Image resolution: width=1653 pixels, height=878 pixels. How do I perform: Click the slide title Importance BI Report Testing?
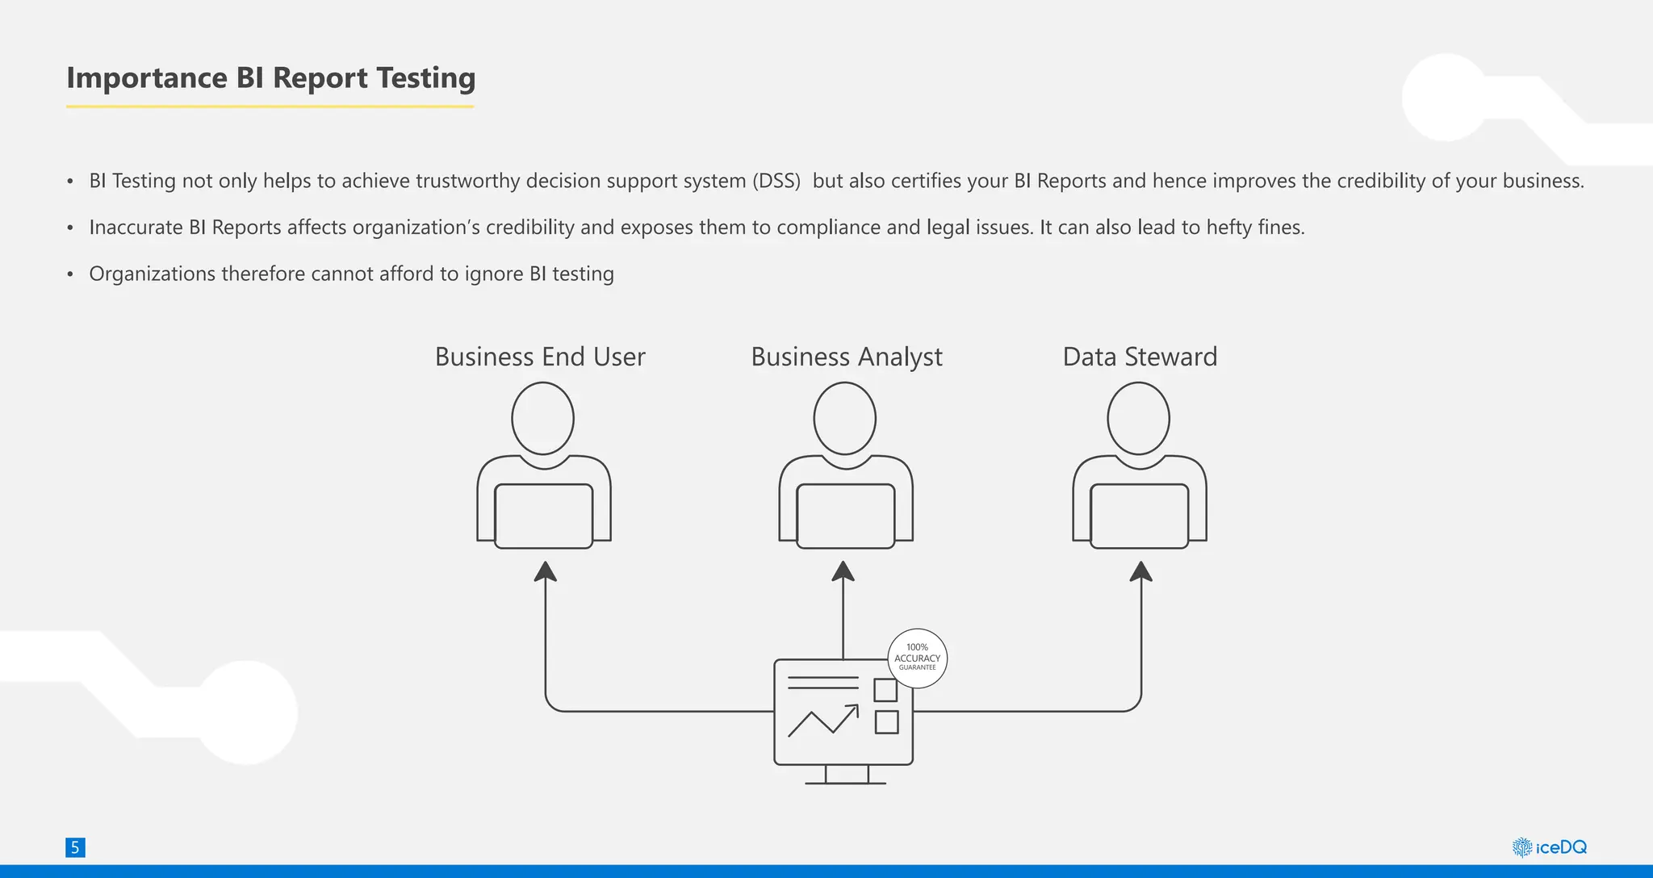tap(270, 78)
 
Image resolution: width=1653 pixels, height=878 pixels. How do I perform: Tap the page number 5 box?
tap(75, 847)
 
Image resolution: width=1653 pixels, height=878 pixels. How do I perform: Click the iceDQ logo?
tap(1549, 847)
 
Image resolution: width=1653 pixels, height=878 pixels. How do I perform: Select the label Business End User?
tap(540, 357)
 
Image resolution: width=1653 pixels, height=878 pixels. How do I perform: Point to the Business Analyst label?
tap(847, 357)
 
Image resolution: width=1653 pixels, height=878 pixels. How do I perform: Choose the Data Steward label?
tap(1140, 357)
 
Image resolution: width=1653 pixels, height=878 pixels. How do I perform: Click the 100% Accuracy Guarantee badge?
tap(917, 658)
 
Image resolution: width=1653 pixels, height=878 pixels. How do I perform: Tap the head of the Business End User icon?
tap(543, 419)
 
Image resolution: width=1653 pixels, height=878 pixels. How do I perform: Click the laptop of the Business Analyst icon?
tap(845, 516)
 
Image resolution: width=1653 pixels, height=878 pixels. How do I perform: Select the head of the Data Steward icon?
tap(1138, 419)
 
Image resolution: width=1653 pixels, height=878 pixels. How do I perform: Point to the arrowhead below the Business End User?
tap(546, 571)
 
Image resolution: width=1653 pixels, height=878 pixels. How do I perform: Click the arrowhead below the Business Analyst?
tap(843, 571)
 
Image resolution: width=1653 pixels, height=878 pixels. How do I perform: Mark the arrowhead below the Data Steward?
tap(1140, 571)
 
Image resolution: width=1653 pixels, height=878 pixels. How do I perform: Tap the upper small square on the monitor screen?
tap(885, 690)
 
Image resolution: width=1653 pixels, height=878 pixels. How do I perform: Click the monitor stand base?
tap(846, 782)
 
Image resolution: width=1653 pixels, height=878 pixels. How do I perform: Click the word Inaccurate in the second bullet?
tap(136, 228)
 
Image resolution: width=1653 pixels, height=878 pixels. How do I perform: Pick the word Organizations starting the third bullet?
tap(152, 274)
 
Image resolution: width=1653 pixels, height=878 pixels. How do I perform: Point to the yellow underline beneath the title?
tap(270, 106)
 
